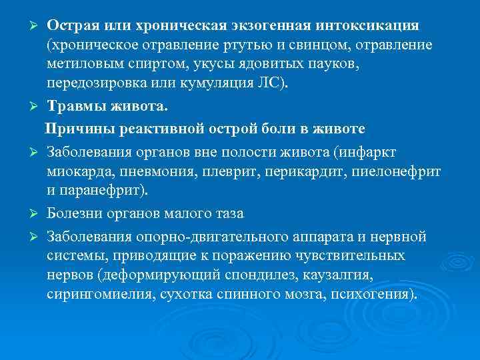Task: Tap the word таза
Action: pyautogui.click(x=229, y=213)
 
